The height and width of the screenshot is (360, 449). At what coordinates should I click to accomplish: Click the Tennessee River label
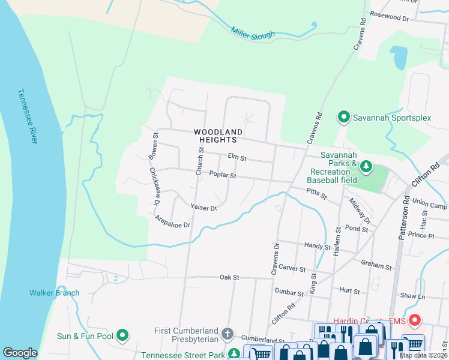[28, 116]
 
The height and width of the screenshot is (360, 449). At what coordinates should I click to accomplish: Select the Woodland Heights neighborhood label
[218, 136]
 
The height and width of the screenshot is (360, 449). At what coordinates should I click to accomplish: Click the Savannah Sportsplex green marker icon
[344, 117]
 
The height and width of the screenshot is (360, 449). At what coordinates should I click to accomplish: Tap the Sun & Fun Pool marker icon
[123, 335]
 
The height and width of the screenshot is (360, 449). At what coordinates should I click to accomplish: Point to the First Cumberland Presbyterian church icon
[227, 333]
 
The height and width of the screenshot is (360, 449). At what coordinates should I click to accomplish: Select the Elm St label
[237, 158]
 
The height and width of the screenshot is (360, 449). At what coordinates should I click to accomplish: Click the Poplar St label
[223, 175]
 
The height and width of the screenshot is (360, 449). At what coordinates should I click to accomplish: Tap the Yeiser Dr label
[203, 208]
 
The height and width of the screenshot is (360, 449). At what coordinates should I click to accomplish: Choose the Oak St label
[229, 277]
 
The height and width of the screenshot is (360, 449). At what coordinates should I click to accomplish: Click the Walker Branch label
[55, 293]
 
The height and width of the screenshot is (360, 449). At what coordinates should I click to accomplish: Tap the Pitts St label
[316, 193]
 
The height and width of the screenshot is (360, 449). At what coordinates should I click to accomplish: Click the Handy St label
[318, 246]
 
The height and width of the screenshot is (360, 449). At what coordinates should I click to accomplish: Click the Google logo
[20, 352]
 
